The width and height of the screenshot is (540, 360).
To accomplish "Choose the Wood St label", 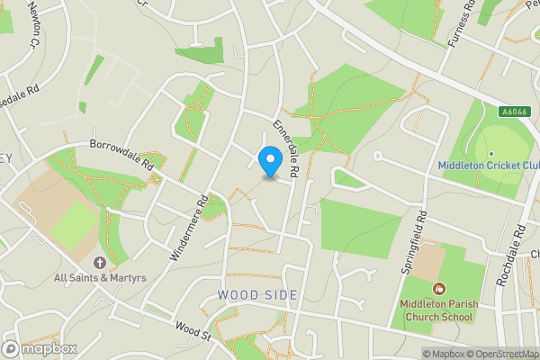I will point(192,330).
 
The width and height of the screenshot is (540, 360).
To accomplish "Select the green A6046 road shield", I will point(514,112).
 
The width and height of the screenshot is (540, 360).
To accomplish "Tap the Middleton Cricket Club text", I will point(489,166).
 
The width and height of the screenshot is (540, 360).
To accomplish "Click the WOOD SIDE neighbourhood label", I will point(256,295).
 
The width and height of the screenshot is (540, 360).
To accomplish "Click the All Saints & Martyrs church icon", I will point(99,263).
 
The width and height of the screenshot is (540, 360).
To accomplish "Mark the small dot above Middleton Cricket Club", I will point(491,153).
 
